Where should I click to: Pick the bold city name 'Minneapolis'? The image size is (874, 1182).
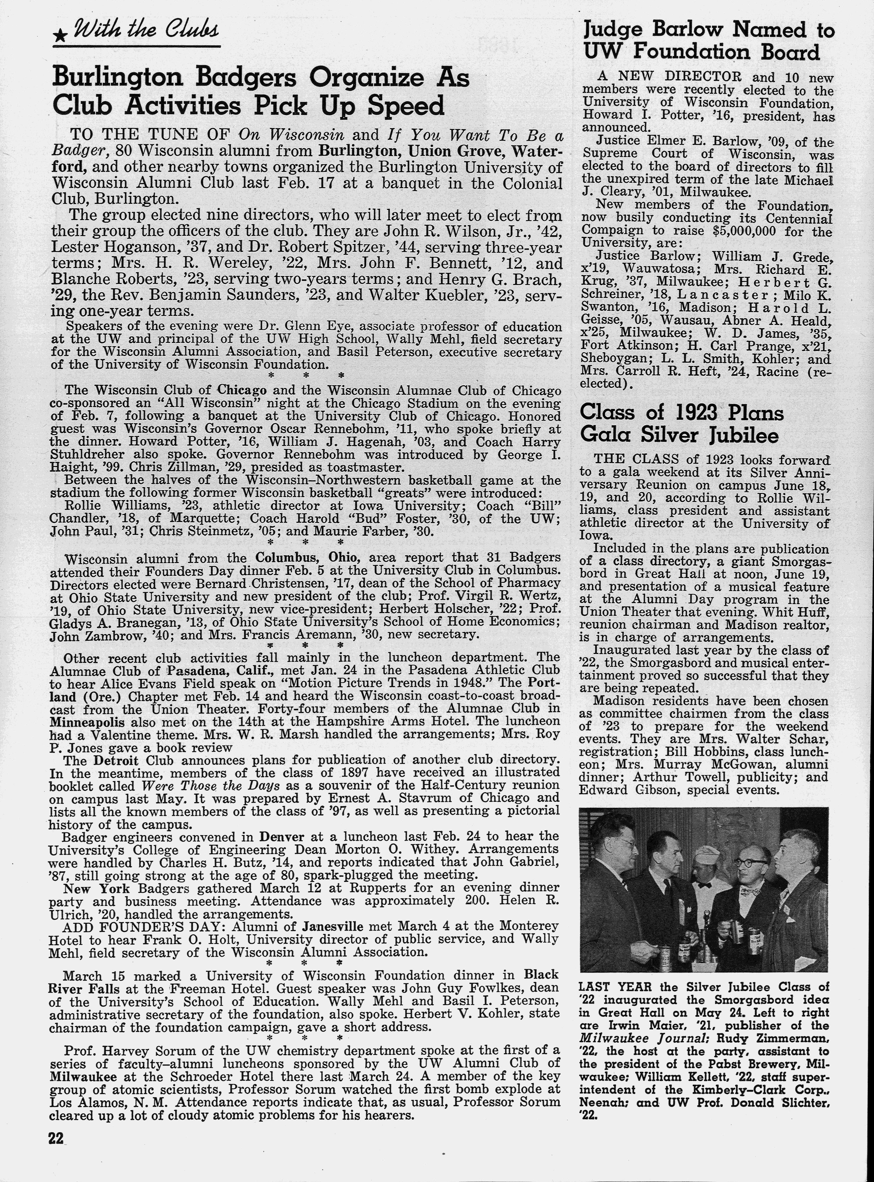pos(87,722)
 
